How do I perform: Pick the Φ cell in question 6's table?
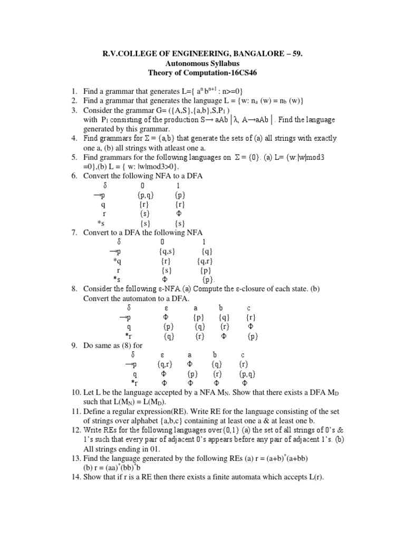click(x=180, y=214)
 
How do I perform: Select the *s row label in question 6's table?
click(x=102, y=224)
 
